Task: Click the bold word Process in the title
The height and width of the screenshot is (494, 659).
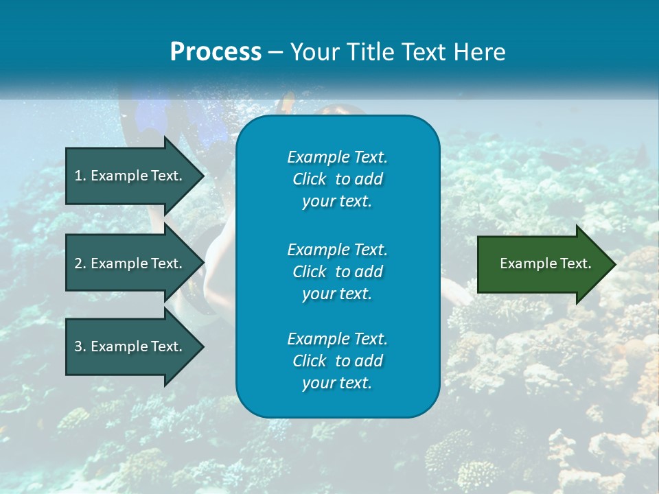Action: [x=216, y=52]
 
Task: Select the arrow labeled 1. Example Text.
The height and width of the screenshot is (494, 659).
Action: [x=128, y=176]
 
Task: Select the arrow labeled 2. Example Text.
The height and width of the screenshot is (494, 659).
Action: [x=128, y=263]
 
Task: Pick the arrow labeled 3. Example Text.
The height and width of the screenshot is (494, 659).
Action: [x=128, y=346]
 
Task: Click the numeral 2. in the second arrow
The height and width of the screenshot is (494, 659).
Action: [x=80, y=263]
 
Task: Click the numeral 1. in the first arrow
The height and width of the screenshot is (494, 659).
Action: [x=80, y=176]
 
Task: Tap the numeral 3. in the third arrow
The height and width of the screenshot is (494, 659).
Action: [x=80, y=346]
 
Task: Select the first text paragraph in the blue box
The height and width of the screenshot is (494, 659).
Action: [x=337, y=179]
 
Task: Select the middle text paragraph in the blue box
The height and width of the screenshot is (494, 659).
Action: [x=337, y=272]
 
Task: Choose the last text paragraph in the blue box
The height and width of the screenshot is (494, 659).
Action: [x=337, y=361]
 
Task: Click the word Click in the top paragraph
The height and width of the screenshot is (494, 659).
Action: [x=309, y=180]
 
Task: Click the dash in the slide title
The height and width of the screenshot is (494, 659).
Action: [x=275, y=52]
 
